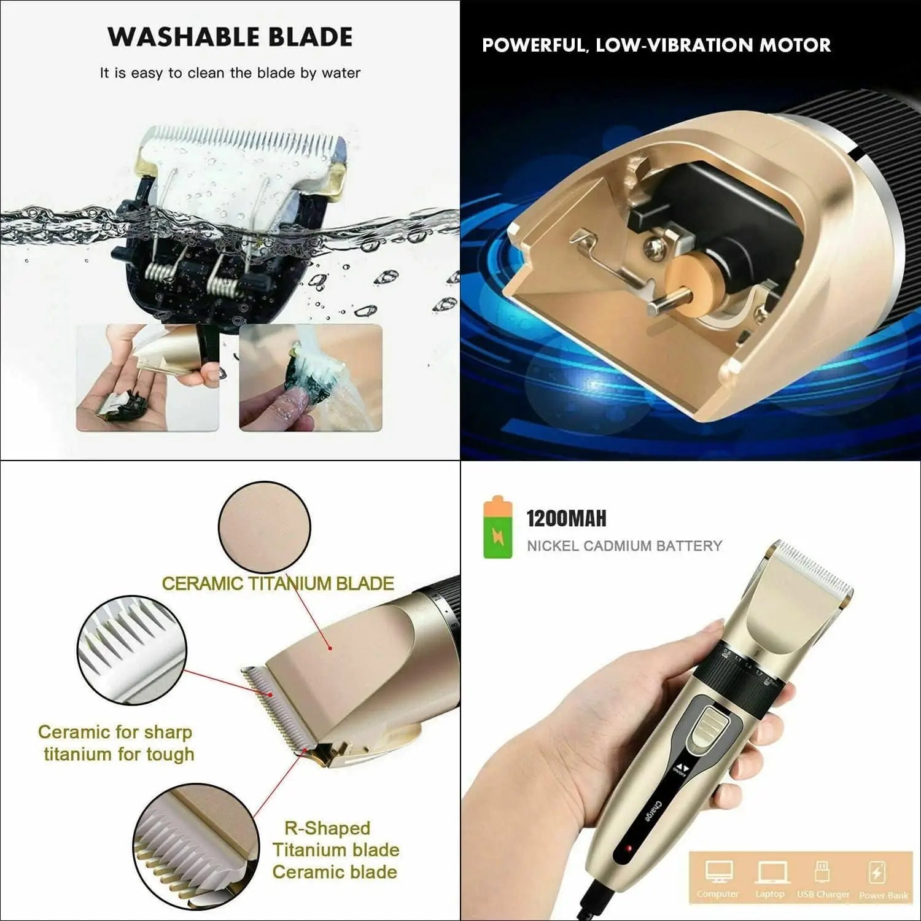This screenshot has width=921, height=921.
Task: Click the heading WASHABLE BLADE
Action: (230, 37)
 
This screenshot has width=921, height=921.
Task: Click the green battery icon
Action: (498, 529)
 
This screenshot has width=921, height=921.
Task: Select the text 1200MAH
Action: (566, 519)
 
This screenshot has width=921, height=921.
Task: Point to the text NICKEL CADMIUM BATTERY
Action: (624, 546)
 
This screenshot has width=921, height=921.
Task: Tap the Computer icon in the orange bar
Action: (718, 872)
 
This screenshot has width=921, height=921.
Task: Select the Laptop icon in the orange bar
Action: (769, 872)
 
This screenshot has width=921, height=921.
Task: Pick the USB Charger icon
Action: (822, 872)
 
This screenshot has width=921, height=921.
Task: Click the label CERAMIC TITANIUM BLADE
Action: (278, 583)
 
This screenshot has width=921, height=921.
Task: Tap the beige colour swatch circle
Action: (264, 527)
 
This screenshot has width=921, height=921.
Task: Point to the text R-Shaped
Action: (327, 828)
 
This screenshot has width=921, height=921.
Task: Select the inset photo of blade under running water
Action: (310, 378)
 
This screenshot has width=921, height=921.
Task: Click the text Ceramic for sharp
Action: (115, 732)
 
